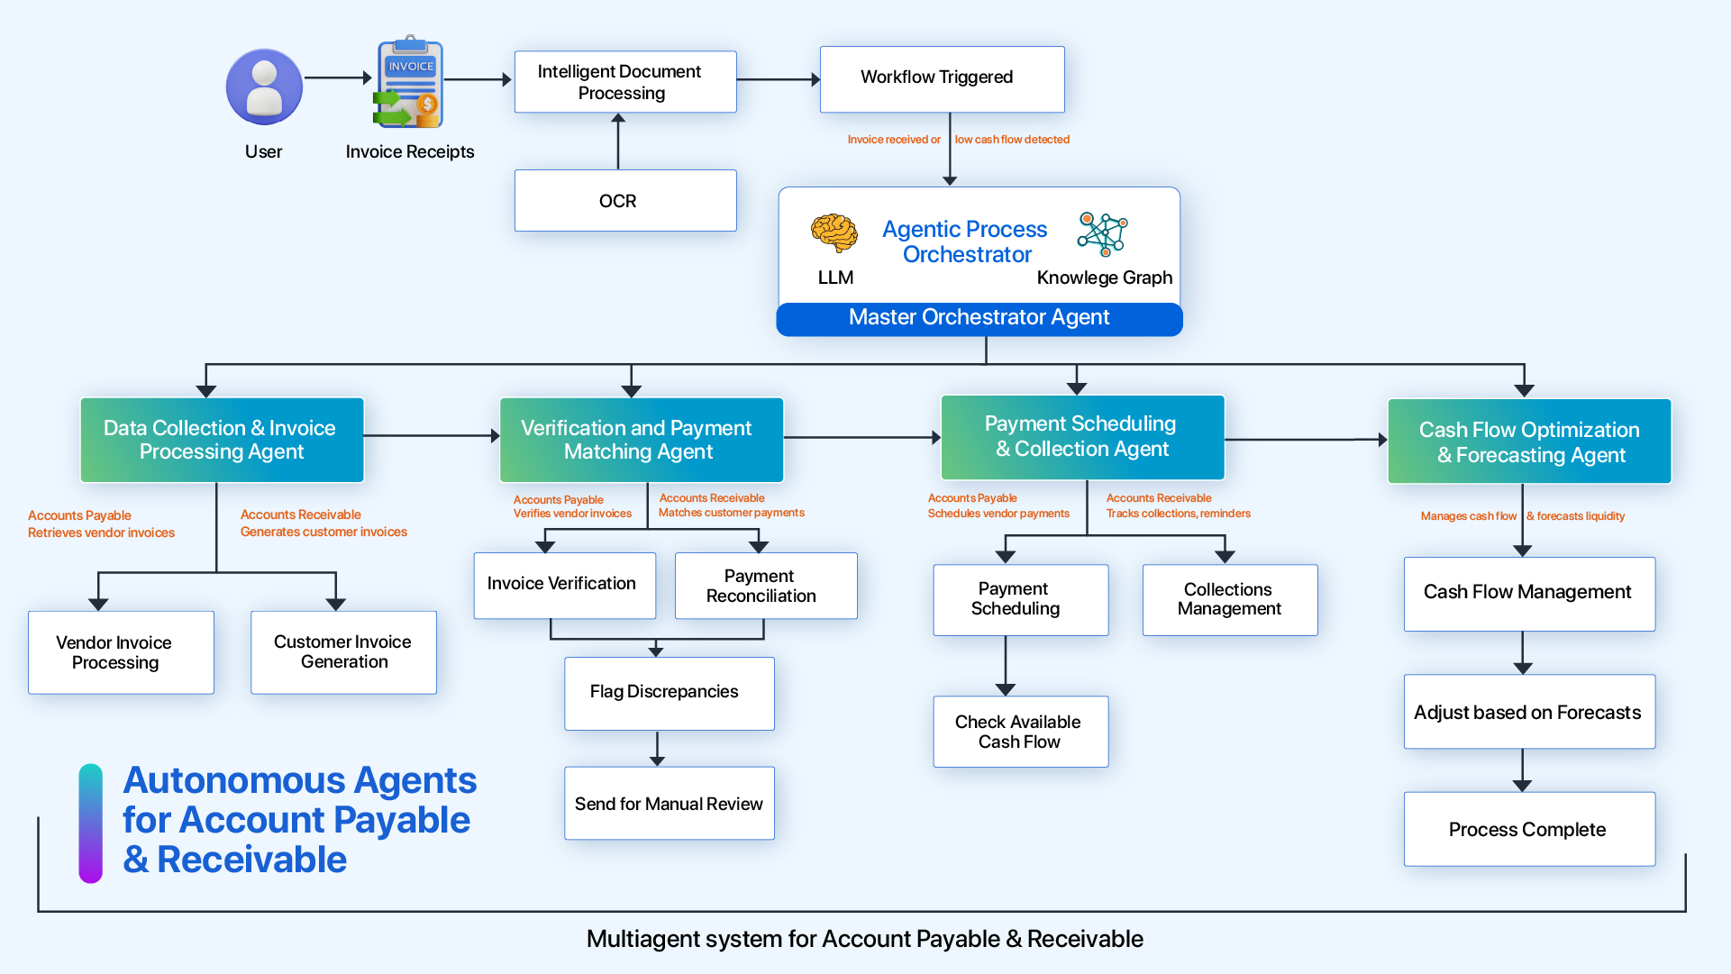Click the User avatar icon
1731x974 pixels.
click(x=264, y=86)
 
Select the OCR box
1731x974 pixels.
click(x=625, y=201)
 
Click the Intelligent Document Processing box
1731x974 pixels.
click(x=625, y=82)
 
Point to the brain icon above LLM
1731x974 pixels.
click(x=834, y=233)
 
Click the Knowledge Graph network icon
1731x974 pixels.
click(x=1102, y=234)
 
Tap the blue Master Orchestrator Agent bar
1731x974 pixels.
click(x=979, y=319)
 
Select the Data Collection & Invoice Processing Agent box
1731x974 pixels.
click(x=222, y=440)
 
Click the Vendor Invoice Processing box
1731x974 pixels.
click(x=121, y=652)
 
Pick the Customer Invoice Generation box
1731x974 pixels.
click(x=343, y=652)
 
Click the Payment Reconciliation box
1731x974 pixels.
click(x=765, y=586)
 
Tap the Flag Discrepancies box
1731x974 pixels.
click(x=669, y=693)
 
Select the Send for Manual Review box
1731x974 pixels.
click(x=669, y=804)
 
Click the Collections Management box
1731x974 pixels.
click(x=1229, y=600)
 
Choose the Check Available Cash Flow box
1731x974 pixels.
click(x=1020, y=732)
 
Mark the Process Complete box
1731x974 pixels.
click(x=1528, y=830)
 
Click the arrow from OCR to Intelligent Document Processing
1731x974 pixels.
click(x=618, y=141)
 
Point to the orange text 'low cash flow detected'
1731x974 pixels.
click(x=1012, y=140)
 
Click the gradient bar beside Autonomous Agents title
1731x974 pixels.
click(x=90, y=824)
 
